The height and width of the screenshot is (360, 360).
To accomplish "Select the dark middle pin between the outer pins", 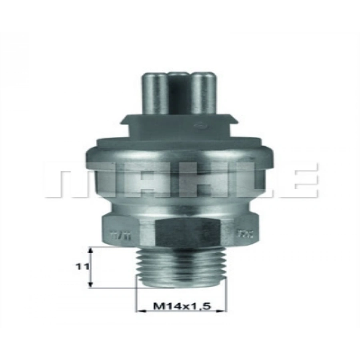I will (x=179, y=86).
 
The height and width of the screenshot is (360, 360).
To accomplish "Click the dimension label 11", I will (x=82, y=266).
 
